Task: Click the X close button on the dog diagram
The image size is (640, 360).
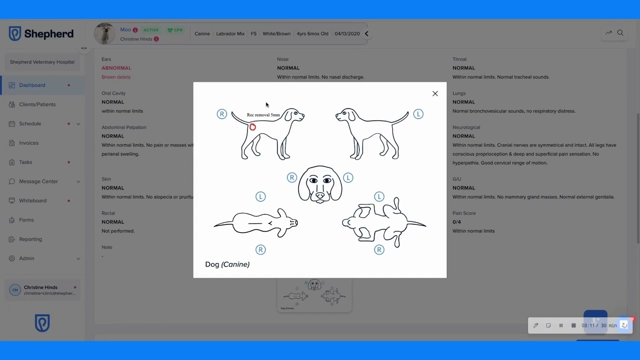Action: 435,93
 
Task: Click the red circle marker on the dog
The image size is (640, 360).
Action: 252,127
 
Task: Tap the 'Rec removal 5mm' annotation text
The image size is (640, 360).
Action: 263,115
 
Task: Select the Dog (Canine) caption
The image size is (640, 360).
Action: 227,264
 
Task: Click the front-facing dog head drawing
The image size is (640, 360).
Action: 320,184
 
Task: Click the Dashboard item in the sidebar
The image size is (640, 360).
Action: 32,85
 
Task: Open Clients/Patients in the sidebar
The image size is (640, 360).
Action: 37,104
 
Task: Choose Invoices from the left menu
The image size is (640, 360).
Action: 28,143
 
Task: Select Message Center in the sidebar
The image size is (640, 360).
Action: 38,181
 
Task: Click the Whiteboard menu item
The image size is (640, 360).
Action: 32,200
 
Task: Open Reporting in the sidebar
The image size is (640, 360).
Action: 30,239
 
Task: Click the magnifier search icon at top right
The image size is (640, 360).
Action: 620,33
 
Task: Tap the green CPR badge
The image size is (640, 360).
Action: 175,30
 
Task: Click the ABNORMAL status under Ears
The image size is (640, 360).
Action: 116,68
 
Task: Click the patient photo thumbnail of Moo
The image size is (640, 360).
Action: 105,33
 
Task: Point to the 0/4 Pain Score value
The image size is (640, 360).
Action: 456,222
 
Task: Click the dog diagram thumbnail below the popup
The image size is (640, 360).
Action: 314,295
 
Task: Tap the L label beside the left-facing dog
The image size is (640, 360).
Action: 418,114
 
